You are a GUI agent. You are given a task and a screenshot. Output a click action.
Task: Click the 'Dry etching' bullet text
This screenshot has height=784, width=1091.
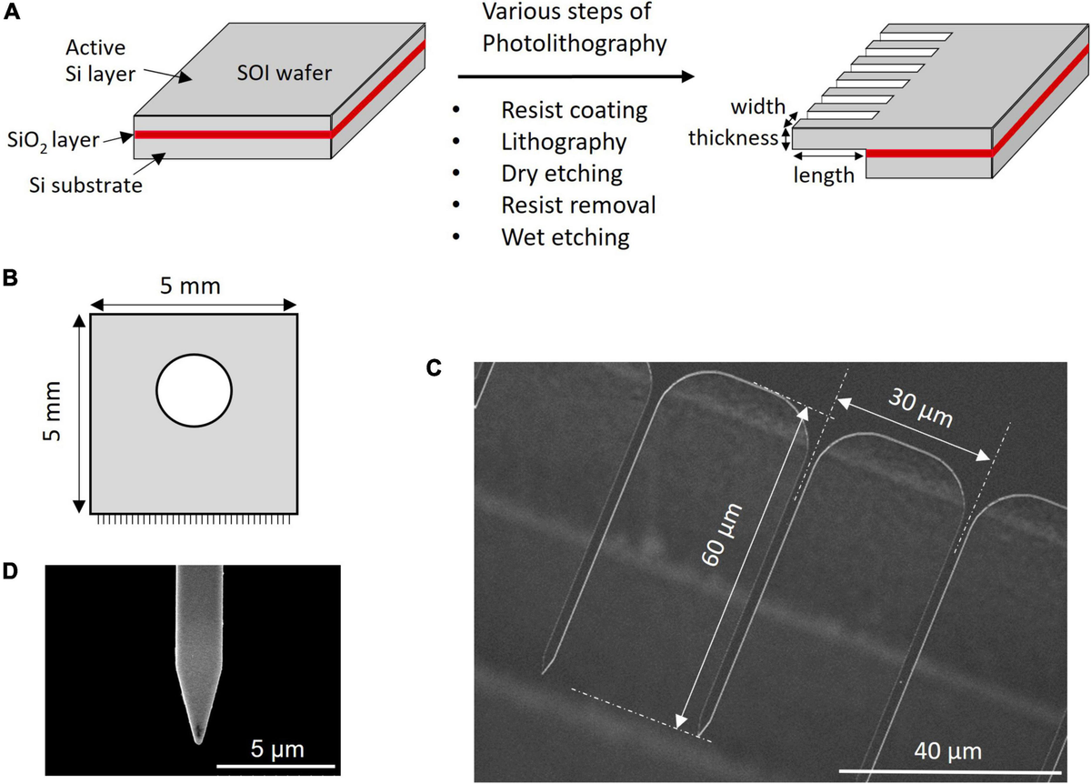562,173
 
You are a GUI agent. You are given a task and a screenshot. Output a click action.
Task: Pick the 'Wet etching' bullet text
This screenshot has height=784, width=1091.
565,236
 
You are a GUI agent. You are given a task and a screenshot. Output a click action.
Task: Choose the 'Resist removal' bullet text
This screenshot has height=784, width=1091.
578,205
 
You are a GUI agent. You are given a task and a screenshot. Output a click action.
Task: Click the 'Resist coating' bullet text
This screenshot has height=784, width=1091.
574,110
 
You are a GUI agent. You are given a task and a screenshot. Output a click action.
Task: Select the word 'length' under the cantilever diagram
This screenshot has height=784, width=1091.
824,176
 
